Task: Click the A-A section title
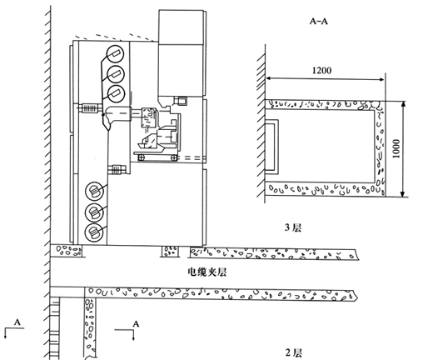click(319, 21)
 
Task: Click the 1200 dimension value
click(321, 70)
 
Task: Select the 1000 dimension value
click(396, 148)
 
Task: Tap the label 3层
click(293, 227)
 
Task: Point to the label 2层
click(293, 353)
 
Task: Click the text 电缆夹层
click(207, 272)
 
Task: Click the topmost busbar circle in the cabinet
click(116, 53)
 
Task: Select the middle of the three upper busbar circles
click(116, 74)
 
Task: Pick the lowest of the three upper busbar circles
click(116, 94)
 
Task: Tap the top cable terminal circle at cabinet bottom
click(95, 190)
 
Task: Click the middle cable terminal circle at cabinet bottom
click(95, 212)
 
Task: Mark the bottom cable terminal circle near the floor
click(95, 232)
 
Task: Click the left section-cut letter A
click(17, 322)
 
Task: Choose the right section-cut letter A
click(136, 324)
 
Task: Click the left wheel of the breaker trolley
click(142, 157)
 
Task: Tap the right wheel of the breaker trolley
click(174, 157)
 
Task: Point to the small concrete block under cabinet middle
click(170, 252)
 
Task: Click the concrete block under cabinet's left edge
click(67, 251)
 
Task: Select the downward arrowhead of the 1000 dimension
click(404, 193)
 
